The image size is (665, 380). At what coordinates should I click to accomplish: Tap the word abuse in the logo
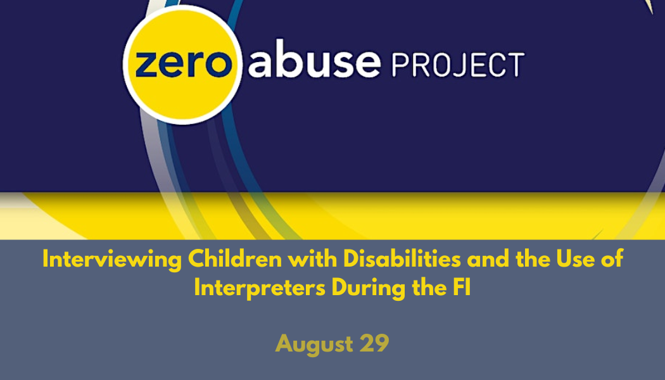tap(314, 63)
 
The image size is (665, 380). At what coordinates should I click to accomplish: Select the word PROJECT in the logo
tap(458, 64)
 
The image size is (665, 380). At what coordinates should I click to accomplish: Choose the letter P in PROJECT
tap(401, 64)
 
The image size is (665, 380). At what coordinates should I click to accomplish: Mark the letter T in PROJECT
tap(514, 64)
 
